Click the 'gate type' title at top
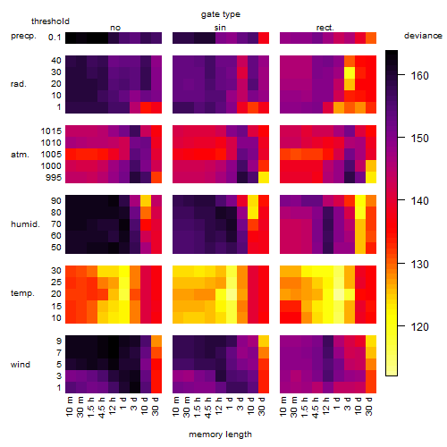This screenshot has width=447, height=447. point(221,14)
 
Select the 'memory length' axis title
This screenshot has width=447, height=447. point(220,434)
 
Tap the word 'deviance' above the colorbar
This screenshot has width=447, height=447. point(423,36)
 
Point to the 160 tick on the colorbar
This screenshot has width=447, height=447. point(401,75)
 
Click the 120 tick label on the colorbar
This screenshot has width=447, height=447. point(419,327)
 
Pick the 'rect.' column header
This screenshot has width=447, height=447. point(325,28)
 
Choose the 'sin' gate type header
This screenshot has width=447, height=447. point(220,28)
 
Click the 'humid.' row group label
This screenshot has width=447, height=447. point(25,224)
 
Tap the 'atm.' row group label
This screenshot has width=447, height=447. point(20,155)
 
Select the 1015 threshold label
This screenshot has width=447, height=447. point(51,131)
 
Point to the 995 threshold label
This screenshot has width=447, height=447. point(54,178)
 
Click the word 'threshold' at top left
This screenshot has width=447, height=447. point(50,21)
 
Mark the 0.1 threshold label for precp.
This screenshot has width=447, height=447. point(55,38)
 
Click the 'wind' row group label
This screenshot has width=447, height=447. point(21,365)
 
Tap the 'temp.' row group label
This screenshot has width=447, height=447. point(22,293)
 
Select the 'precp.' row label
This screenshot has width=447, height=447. point(23,36)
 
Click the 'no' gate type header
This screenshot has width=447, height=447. point(115,28)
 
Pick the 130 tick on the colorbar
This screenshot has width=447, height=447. point(401,264)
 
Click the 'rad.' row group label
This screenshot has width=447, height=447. point(19,84)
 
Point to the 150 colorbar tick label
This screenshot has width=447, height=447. point(419,139)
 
